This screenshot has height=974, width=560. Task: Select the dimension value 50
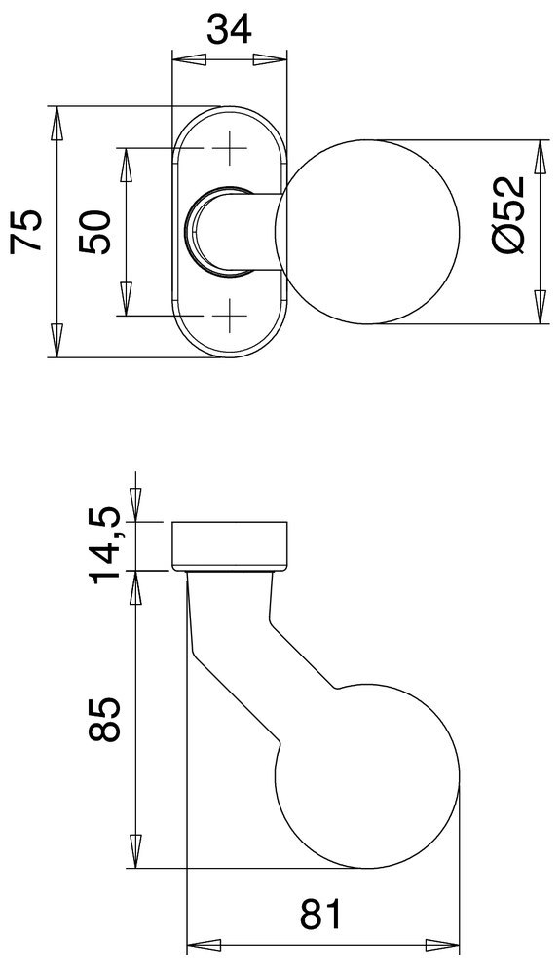(x=96, y=231)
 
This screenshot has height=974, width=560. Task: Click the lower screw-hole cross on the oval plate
(x=231, y=315)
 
